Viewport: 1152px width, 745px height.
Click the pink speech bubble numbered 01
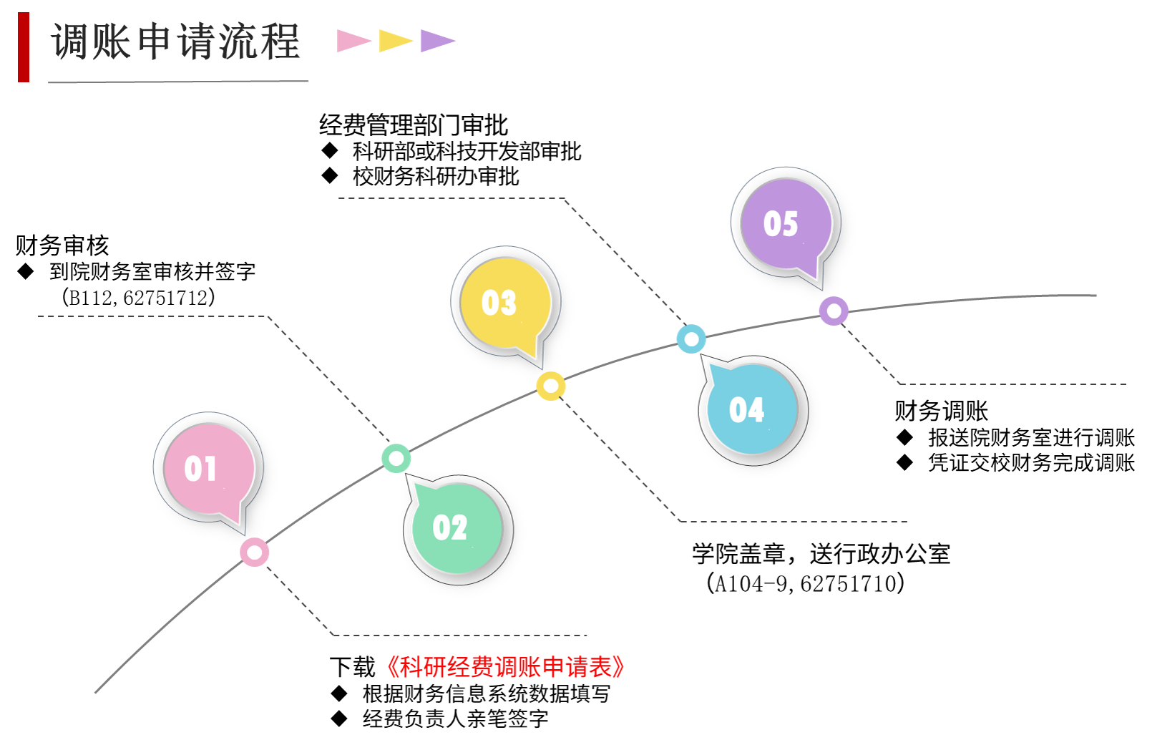208,468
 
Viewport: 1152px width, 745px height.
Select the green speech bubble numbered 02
457,528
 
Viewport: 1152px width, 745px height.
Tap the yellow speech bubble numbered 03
505,303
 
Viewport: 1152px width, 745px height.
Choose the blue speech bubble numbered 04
752,409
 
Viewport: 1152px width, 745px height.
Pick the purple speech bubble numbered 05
786,223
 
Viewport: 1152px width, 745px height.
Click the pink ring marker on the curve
255,552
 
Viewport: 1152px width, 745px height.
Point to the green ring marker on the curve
396,458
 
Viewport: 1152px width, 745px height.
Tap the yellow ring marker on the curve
551,386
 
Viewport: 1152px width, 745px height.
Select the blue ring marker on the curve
691,339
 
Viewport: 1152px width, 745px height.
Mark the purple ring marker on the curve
834,311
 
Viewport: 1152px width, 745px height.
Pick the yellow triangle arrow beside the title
394,41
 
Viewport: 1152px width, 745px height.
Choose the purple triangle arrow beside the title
436,41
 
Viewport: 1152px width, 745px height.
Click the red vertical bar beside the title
24,47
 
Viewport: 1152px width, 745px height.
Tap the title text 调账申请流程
176,42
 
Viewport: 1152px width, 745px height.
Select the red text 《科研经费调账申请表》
506,667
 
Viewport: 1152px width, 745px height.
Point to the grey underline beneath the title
178,82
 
